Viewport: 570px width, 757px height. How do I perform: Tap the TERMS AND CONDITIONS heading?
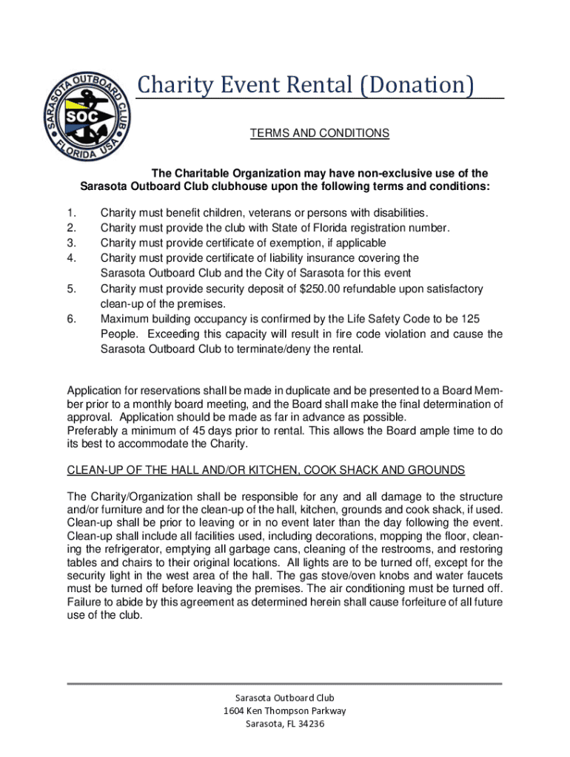tap(319, 133)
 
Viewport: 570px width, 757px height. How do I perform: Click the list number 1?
tap(71, 212)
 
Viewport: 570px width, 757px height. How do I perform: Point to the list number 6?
tap(71, 319)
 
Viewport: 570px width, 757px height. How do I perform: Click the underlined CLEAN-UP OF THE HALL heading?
tap(266, 470)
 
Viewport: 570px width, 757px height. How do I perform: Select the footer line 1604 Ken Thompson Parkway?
tap(284, 710)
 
